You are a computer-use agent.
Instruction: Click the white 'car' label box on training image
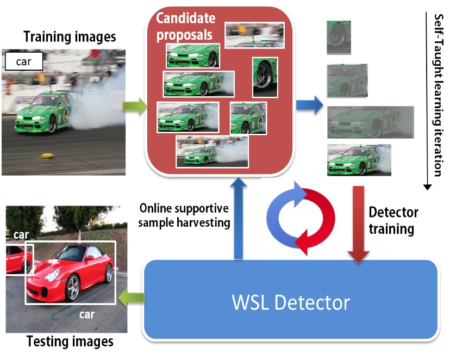click(24, 62)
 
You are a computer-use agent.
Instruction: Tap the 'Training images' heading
click(69, 37)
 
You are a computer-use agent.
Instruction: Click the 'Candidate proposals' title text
click(185, 26)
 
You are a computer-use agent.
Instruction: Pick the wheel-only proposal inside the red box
click(265, 77)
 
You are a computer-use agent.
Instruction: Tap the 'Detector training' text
click(394, 220)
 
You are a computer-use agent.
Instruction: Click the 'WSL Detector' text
click(291, 302)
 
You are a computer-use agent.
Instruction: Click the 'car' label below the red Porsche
click(87, 314)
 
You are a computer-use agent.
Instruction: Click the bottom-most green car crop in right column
click(359, 160)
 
